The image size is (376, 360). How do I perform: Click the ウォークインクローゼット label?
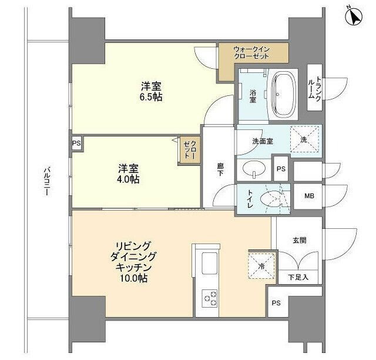[251, 52]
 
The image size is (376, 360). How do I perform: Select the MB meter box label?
[308, 196]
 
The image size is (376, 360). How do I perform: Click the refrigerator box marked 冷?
[260, 266]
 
